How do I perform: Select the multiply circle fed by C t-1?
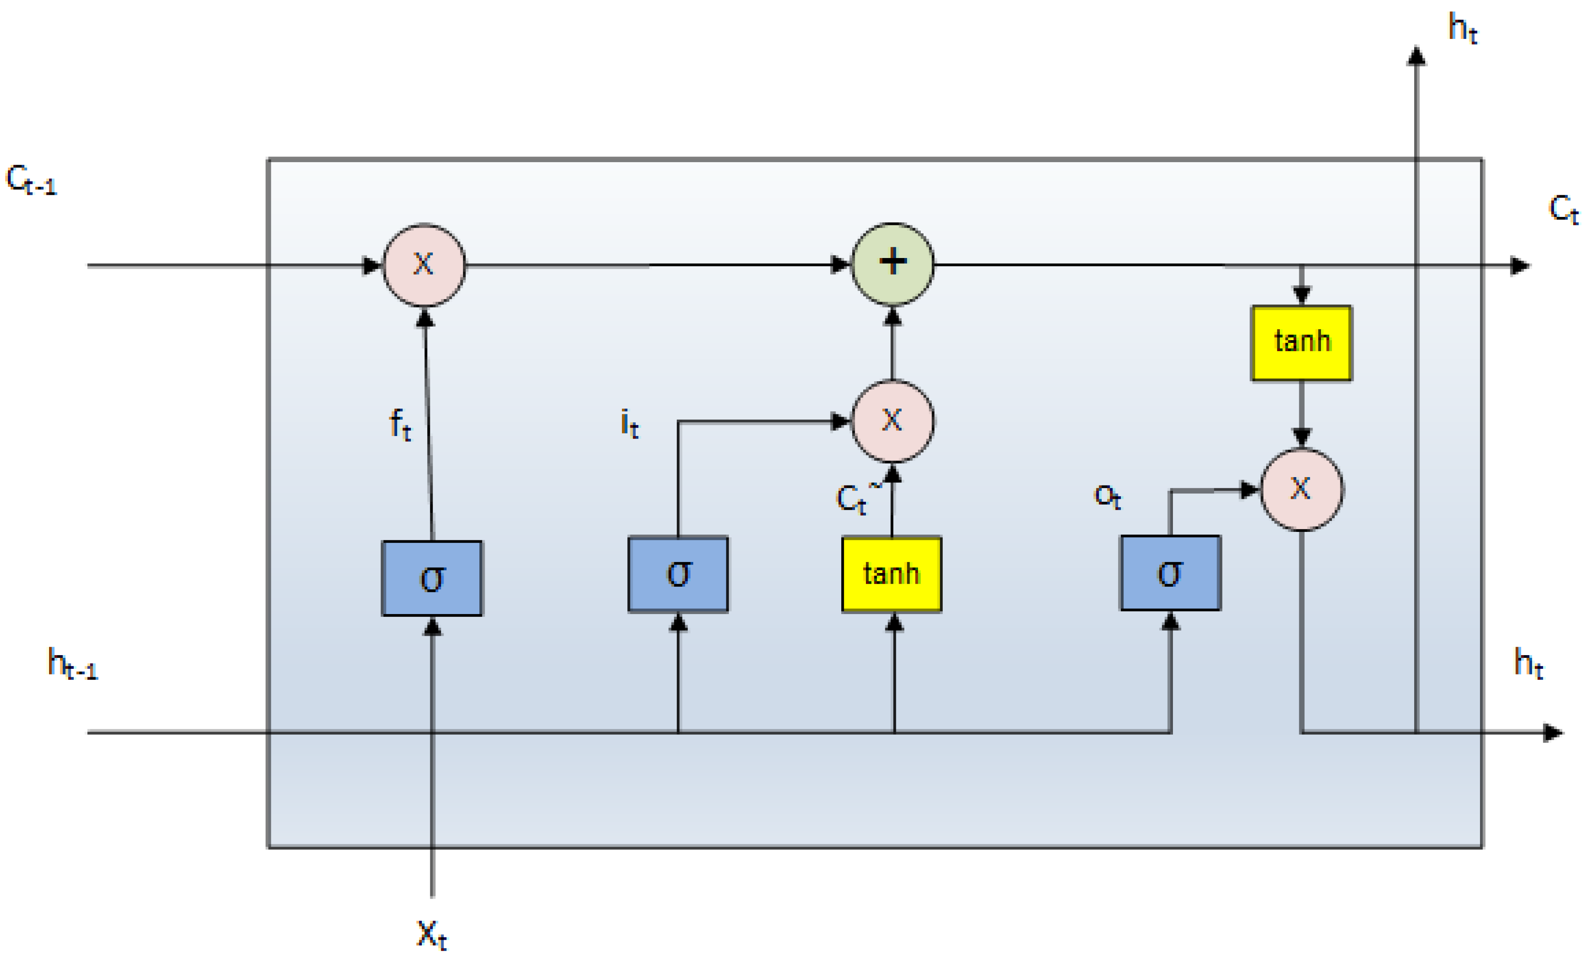pyautogui.click(x=424, y=265)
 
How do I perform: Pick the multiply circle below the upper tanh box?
pyautogui.click(x=1302, y=489)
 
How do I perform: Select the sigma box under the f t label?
pyautogui.click(x=432, y=578)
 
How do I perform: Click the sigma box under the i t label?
pyautogui.click(x=678, y=573)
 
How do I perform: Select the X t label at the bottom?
pyautogui.click(x=432, y=935)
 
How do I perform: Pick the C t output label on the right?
pyautogui.click(x=1563, y=210)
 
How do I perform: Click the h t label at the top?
pyautogui.click(x=1462, y=28)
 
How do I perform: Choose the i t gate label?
pyautogui.click(x=629, y=425)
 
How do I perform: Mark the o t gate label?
pyautogui.click(x=1107, y=496)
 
